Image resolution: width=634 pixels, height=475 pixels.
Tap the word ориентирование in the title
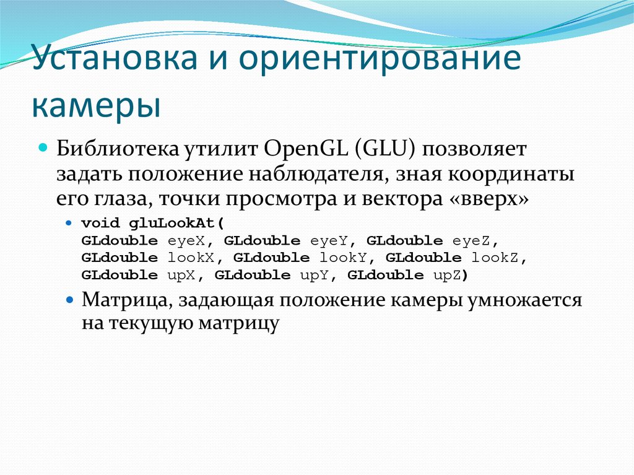[380, 61]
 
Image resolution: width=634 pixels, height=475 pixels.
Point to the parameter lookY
[344, 258]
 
